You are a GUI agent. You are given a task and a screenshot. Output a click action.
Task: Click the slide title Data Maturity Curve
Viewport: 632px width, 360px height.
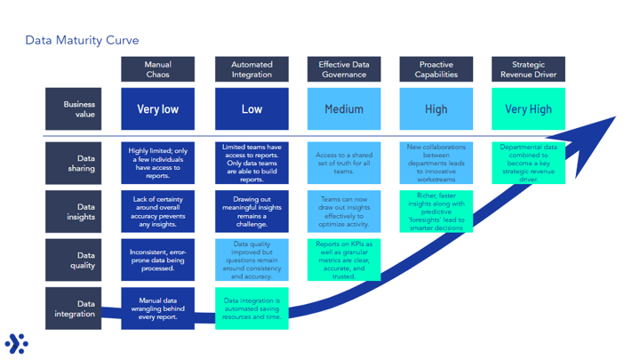click(x=82, y=40)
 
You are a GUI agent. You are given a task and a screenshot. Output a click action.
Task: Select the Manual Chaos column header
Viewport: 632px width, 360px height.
click(x=157, y=69)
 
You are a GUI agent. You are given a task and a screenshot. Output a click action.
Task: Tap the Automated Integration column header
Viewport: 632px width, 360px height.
click(x=252, y=69)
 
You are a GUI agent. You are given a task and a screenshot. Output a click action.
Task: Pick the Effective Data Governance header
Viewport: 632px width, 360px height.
click(x=343, y=69)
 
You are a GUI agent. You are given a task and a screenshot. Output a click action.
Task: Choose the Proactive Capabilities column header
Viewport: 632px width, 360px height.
click(x=436, y=69)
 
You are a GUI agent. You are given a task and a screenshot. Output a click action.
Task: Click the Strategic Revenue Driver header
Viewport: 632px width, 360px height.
click(x=528, y=69)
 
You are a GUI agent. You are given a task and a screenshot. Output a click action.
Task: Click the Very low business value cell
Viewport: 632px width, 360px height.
click(x=157, y=109)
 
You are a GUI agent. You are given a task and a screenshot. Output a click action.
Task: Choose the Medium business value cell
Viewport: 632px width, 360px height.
click(x=343, y=109)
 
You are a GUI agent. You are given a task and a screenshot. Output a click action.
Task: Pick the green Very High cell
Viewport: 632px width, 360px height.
click(x=528, y=109)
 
